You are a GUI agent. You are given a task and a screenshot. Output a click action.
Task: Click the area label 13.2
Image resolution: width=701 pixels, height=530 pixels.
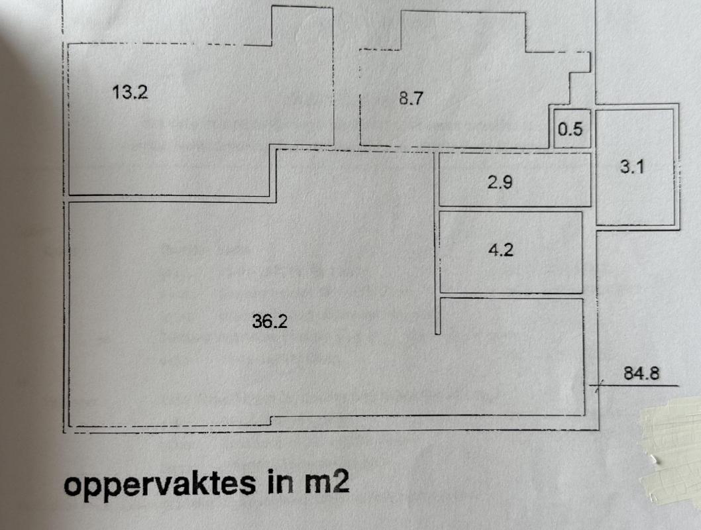coord(130,93)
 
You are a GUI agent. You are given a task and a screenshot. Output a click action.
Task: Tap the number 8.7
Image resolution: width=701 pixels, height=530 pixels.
coord(411,98)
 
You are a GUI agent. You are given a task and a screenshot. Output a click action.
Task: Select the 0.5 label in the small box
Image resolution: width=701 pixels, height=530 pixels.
coord(570,129)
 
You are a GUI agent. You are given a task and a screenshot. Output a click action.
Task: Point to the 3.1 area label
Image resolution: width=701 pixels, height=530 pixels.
coord(631,167)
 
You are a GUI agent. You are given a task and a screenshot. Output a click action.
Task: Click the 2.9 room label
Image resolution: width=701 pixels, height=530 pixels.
coord(500,182)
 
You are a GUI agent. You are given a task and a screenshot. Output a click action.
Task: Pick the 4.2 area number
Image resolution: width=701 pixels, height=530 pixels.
coord(501,249)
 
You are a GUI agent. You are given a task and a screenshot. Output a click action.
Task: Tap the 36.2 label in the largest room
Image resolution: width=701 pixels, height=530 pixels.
coord(270,321)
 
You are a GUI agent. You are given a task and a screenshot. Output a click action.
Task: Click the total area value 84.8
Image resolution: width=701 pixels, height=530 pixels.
coord(641,373)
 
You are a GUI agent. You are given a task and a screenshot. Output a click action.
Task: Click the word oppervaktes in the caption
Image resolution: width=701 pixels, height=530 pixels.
coord(160,484)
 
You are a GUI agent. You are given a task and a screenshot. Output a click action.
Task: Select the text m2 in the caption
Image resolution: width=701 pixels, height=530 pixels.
coord(327,482)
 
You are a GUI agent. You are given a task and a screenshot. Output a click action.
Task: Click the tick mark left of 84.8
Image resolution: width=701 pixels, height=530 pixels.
coord(598,386)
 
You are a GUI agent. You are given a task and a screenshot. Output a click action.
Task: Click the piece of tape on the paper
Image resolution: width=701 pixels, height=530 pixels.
coord(671,451)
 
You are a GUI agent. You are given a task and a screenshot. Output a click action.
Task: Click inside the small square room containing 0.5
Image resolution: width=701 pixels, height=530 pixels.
coord(572,129)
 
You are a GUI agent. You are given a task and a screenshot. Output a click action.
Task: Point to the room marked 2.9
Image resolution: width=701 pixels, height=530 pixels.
coord(515,180)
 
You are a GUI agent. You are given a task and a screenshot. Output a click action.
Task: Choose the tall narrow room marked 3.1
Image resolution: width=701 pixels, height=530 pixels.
coord(635,167)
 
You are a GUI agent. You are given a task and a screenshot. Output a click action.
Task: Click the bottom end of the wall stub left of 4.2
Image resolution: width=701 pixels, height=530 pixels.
coord(438,333)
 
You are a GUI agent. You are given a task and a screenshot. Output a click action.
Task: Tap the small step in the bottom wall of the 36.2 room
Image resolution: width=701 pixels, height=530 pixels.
coord(272,420)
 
